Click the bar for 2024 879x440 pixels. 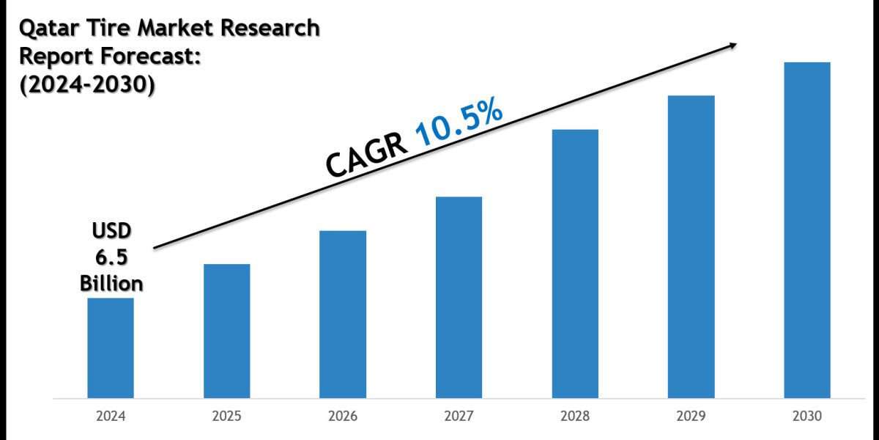coord(111,348)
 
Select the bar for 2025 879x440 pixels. coord(226,331)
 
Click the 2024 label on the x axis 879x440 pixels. coord(111,417)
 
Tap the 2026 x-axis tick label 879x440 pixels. coord(343,417)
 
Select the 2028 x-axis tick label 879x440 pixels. coord(575,417)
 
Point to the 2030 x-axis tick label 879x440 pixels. coord(807,417)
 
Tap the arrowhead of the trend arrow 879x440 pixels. coord(732,45)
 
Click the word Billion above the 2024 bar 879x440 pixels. coord(111,283)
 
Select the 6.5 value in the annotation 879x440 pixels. coord(111,257)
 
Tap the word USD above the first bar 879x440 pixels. coord(111,232)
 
